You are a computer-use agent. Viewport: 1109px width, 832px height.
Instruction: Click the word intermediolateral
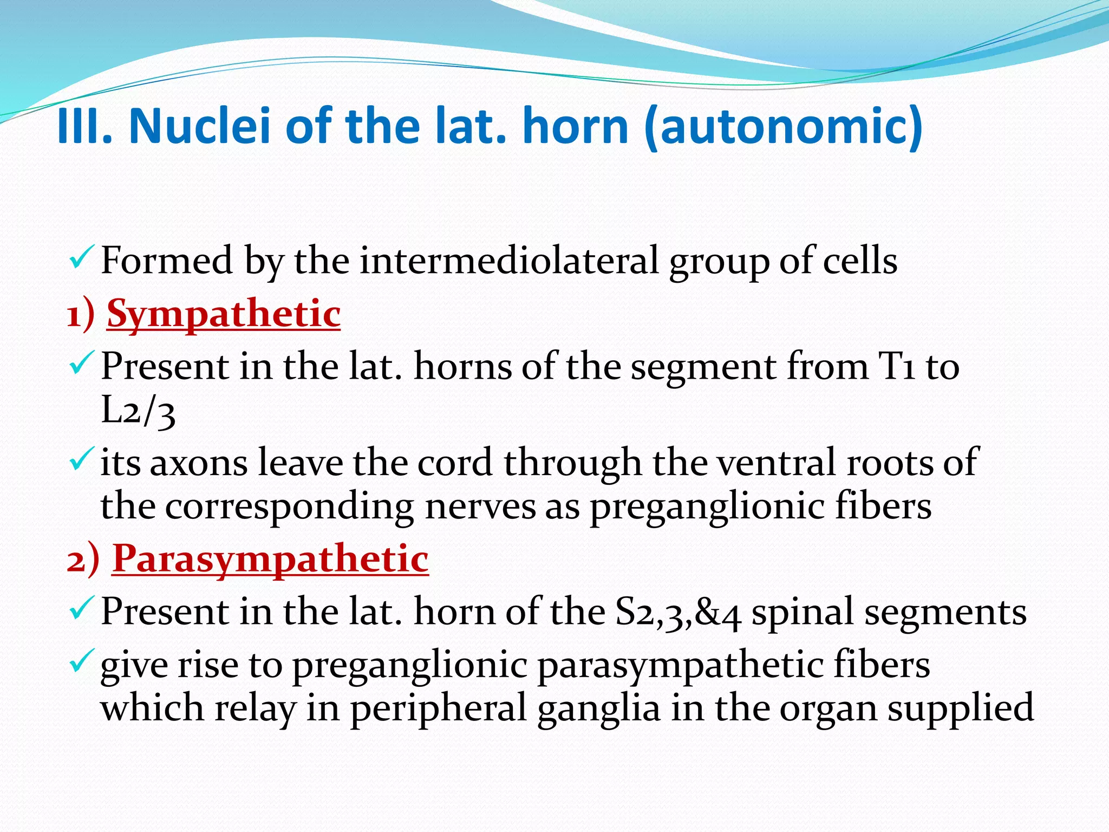coord(508,261)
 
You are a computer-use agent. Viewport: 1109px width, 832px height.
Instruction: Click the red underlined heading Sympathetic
coord(224,314)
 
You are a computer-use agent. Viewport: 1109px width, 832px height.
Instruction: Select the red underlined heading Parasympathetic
coord(270,558)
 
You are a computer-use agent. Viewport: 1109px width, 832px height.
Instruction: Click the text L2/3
coord(138,411)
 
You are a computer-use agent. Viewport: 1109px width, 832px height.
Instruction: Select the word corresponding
coord(289,506)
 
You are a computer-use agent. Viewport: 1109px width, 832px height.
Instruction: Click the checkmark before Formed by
coord(82,258)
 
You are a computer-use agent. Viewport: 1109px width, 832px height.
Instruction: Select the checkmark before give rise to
coord(82,662)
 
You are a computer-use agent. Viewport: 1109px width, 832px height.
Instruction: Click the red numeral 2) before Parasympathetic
coord(83,560)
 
